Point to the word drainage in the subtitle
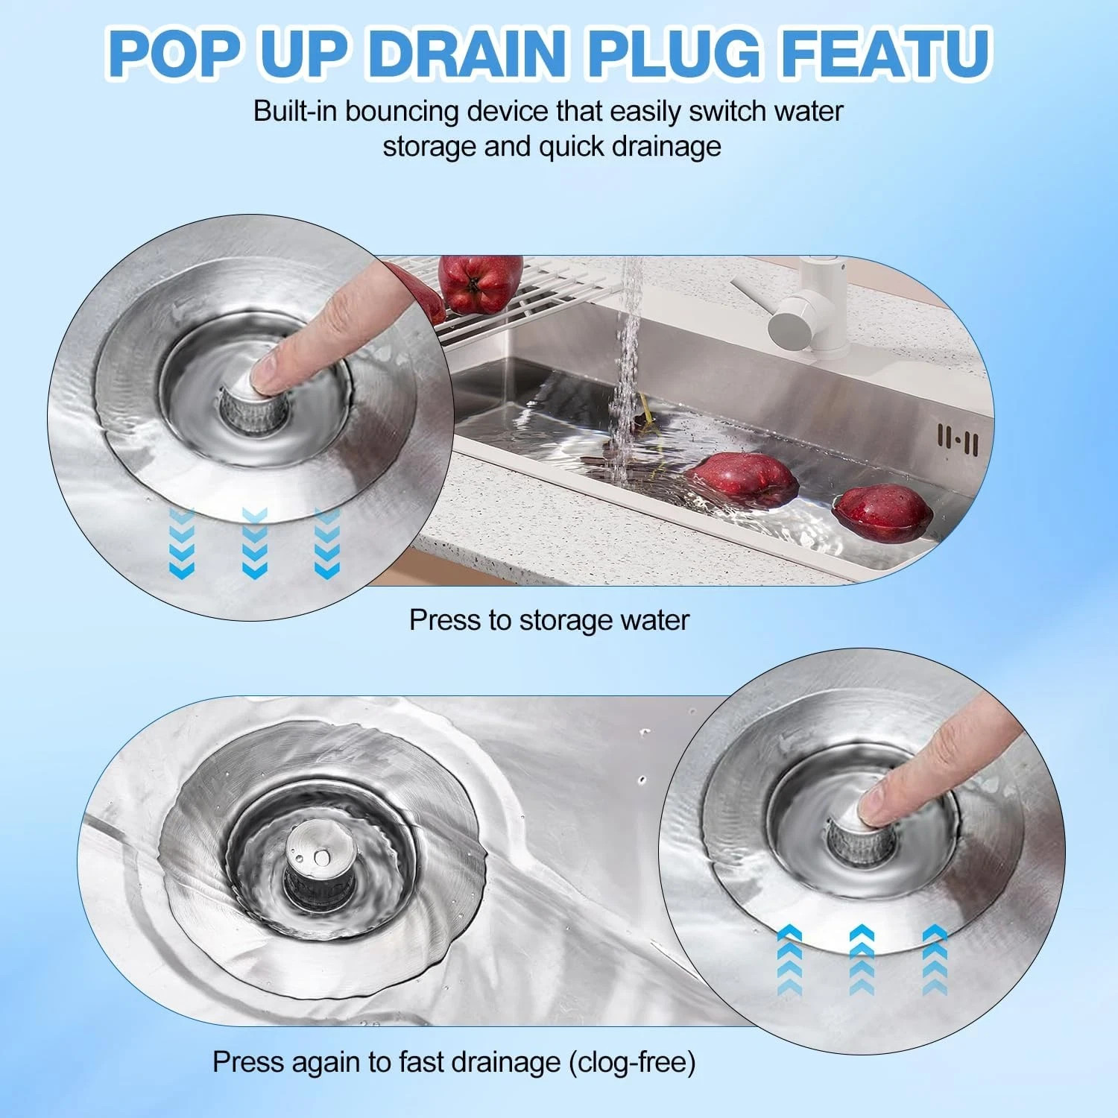[x=666, y=147]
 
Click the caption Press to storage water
[x=549, y=620]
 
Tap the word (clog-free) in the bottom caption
[x=632, y=1061]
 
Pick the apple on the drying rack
[x=479, y=285]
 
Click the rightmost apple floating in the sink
[x=882, y=512]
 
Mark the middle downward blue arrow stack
[x=255, y=542]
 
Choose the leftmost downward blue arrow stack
[x=182, y=542]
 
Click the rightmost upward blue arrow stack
[x=934, y=959]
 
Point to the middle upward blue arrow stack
[x=862, y=959]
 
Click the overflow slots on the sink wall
[x=958, y=439]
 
